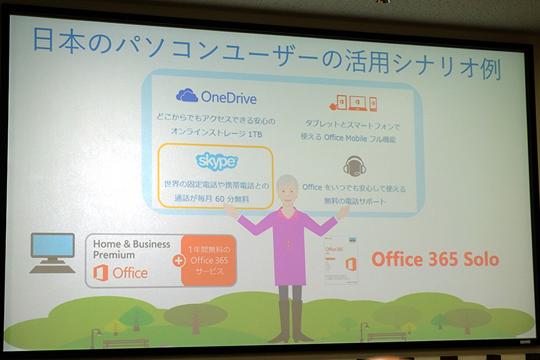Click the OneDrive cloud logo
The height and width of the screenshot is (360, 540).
tap(187, 95)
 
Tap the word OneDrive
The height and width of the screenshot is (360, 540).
tap(229, 97)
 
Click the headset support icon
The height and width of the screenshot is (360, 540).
tap(354, 164)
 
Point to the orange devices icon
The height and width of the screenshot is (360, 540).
tap(352, 103)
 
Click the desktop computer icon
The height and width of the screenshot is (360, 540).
tap(52, 253)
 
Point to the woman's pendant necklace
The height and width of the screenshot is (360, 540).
tap(289, 244)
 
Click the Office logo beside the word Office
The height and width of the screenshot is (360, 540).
tap(101, 273)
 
